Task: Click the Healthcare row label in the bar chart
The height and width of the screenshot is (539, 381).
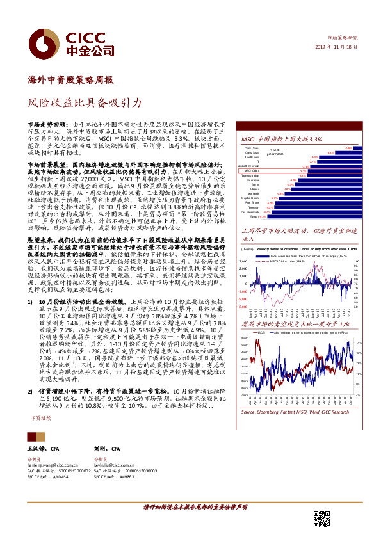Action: (x=252, y=157)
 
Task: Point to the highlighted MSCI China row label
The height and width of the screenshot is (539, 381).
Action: (x=250, y=172)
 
